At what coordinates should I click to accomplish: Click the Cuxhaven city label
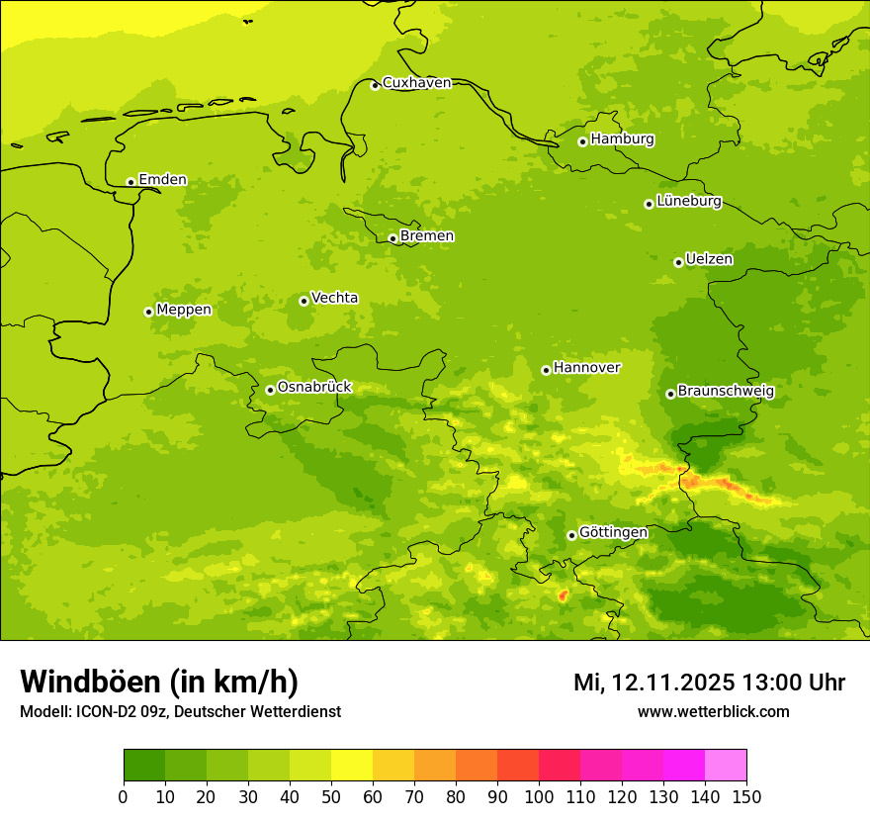(x=416, y=83)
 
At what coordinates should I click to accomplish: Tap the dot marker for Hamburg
(x=583, y=141)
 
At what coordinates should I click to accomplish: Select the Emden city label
(x=162, y=180)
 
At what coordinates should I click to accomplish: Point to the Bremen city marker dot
(x=392, y=238)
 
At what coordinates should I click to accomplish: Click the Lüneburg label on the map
(x=689, y=202)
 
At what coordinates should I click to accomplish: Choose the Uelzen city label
(x=709, y=260)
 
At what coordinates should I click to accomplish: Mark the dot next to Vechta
(x=304, y=301)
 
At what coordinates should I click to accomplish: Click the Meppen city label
(x=184, y=310)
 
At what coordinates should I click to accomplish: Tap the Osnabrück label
(x=314, y=388)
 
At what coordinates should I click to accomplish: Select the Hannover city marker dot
(x=546, y=370)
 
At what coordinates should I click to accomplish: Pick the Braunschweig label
(x=726, y=392)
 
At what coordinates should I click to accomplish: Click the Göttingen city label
(x=613, y=533)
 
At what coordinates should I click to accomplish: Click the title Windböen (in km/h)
(x=159, y=683)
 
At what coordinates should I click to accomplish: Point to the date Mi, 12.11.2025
(x=652, y=683)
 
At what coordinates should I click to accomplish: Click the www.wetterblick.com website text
(x=713, y=712)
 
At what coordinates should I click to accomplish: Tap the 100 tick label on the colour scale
(x=539, y=796)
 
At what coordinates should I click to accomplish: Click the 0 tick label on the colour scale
(x=124, y=796)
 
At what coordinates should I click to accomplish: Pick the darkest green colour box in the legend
(x=144, y=766)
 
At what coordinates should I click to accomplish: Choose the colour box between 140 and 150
(x=726, y=766)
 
